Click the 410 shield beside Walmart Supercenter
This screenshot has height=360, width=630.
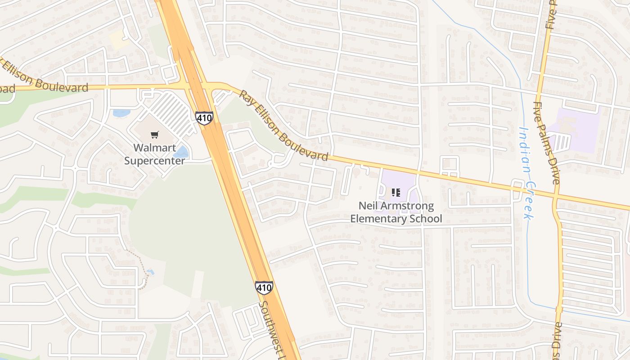pyautogui.click(x=204, y=118)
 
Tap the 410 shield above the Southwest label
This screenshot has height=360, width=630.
pyautogui.click(x=264, y=288)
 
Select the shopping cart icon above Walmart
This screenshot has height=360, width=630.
pyautogui.click(x=155, y=135)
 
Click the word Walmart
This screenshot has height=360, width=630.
pyautogui.click(x=154, y=148)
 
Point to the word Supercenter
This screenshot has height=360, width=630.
pyautogui.click(x=154, y=161)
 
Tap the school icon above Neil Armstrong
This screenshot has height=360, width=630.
pyautogui.click(x=396, y=193)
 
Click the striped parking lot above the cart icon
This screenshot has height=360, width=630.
pyautogui.click(x=170, y=112)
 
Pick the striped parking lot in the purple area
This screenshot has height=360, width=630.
pyautogui.click(x=560, y=142)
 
